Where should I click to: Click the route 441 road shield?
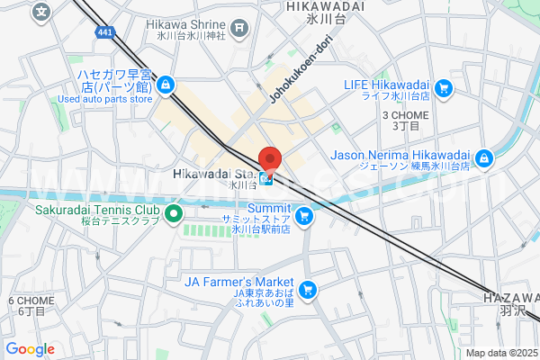coord(106,32)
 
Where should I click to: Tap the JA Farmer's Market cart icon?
coord(309,289)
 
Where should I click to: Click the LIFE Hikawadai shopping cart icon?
coord(444,88)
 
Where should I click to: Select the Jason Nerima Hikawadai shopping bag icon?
coord(484,158)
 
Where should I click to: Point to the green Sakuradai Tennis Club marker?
coord(175,214)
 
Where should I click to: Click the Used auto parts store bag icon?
coord(165,85)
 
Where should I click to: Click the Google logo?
coord(30,349)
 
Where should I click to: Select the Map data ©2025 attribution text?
coord(500,353)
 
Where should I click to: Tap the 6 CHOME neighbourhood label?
coord(26,301)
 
